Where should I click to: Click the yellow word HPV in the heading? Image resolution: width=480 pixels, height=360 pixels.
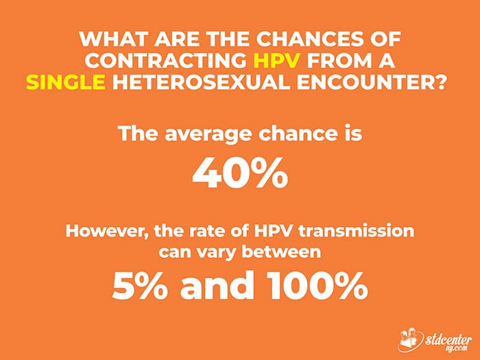click(x=277, y=60)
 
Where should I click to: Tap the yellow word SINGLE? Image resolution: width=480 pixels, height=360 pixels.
click(x=66, y=82)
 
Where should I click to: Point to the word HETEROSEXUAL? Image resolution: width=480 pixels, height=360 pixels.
click(x=201, y=82)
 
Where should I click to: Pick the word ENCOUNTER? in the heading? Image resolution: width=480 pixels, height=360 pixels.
click(x=371, y=82)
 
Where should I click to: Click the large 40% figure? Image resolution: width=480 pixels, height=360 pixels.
click(x=240, y=173)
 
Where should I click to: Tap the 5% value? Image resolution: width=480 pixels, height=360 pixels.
click(x=140, y=285)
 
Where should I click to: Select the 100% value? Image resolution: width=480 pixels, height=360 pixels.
click(x=318, y=285)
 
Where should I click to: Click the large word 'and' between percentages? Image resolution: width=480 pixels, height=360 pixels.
click(x=217, y=285)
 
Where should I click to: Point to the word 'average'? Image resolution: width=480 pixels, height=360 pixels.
click(x=209, y=135)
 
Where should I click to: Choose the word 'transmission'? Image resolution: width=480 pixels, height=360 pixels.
click(x=356, y=232)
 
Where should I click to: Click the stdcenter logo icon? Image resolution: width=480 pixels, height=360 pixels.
click(x=411, y=340)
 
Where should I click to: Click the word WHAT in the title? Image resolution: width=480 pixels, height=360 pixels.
click(x=115, y=39)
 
